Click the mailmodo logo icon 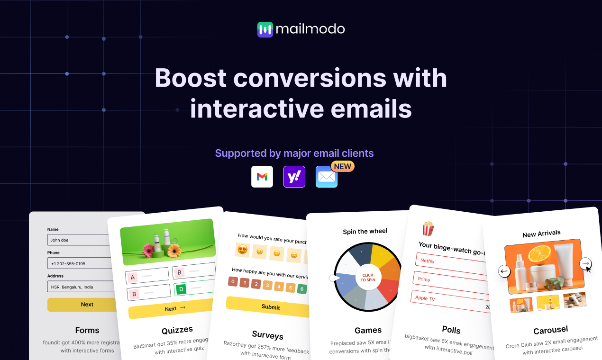(265, 29)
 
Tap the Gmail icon (262, 177)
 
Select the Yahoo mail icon (294, 177)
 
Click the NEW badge (342, 166)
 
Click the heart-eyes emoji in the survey (242, 250)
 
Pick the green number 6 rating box (302, 289)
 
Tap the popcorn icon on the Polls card (428, 229)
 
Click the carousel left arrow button (504, 271)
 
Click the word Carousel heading (550, 330)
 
